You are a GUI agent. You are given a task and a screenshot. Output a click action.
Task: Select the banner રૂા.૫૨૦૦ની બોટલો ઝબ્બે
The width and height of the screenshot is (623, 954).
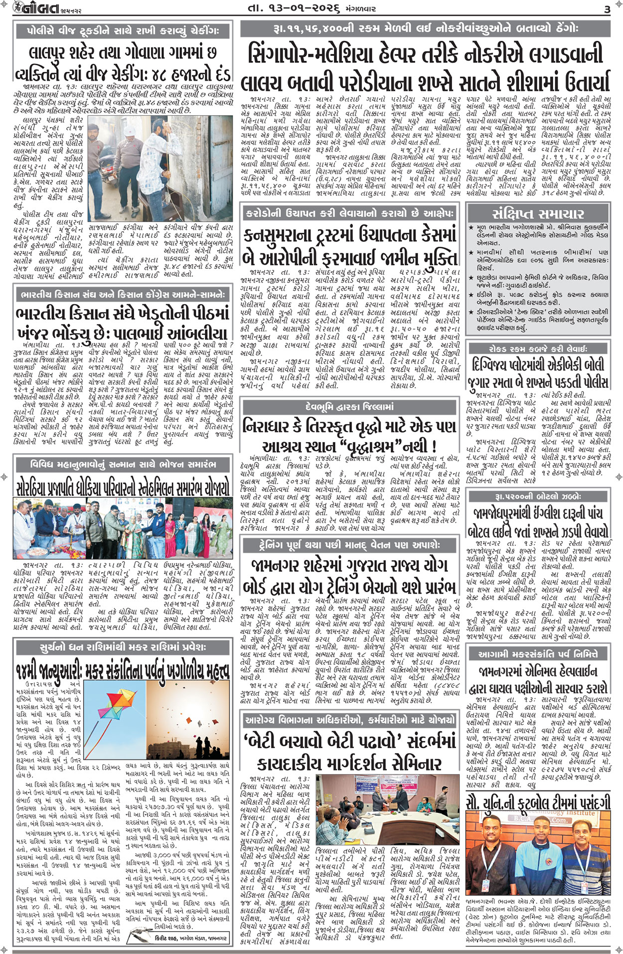coord(538,496)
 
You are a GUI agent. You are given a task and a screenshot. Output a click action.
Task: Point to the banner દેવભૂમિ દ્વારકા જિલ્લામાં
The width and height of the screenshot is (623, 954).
coord(349,407)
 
